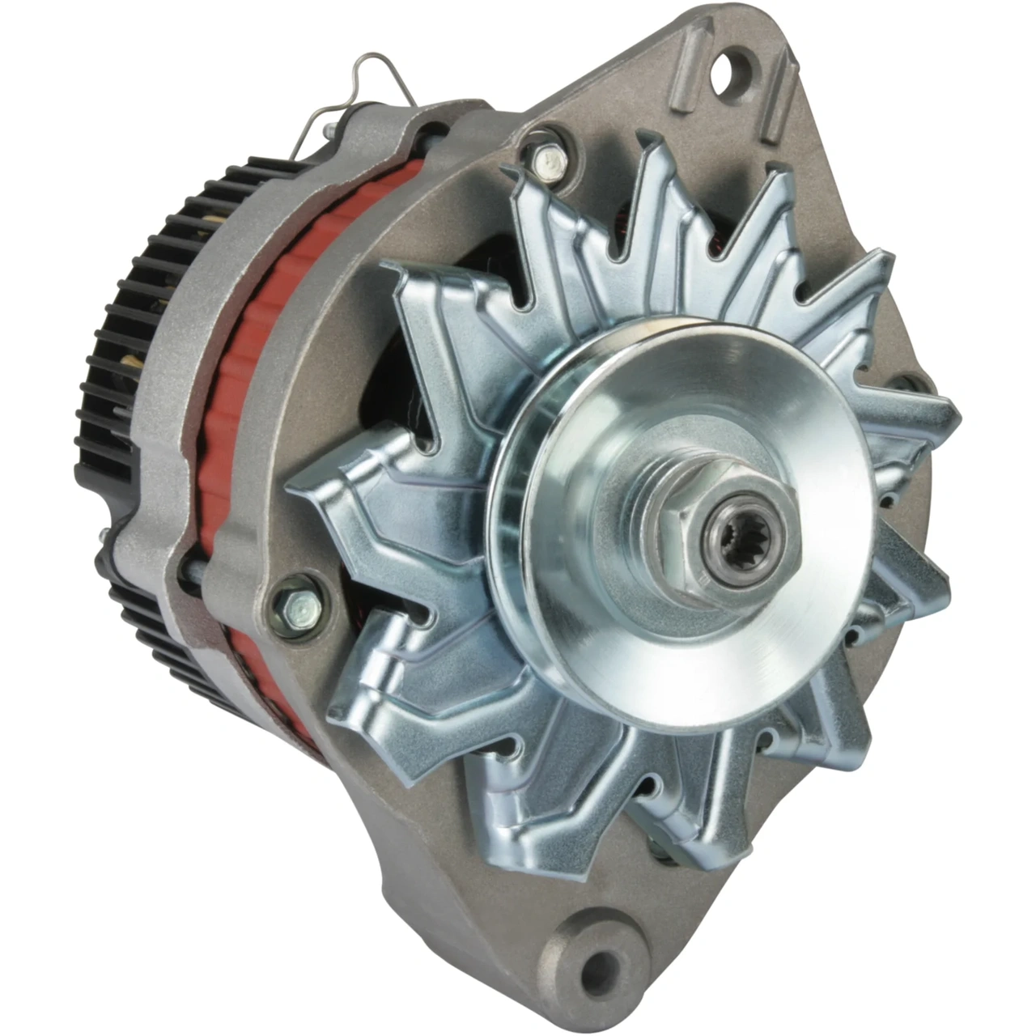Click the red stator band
pos(243,453)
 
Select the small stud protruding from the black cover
pos(104,534)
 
